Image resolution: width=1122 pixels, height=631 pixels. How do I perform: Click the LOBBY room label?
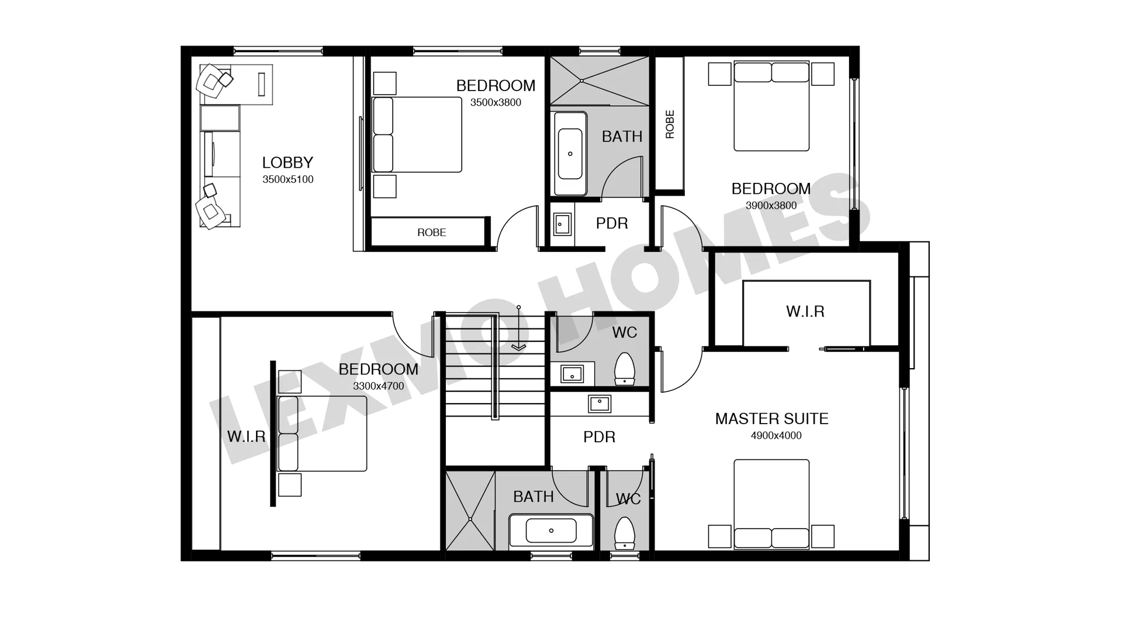288,162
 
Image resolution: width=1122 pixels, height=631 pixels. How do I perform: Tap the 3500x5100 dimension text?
288,179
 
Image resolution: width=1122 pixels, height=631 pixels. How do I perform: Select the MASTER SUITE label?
772,419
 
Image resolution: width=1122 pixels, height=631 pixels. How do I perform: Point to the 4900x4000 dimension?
776,435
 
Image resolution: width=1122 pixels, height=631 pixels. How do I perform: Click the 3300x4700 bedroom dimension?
379,386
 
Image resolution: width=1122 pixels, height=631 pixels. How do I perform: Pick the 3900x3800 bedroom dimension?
771,206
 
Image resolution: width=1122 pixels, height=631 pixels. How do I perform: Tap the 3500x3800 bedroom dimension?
496,103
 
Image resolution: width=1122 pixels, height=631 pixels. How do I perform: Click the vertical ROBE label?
670,124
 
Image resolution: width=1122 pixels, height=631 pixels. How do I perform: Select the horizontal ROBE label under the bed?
432,233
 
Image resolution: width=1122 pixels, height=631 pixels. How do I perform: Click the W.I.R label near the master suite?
805,311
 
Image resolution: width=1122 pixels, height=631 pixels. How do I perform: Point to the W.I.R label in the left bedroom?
246,436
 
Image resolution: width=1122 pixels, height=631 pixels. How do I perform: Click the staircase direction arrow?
518,327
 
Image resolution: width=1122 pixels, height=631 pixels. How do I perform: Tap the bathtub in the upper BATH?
570,154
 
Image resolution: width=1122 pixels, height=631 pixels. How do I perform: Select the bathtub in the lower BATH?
551,531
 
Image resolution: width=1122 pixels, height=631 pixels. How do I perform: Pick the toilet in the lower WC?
625,533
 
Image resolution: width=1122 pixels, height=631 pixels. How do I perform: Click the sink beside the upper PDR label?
562,224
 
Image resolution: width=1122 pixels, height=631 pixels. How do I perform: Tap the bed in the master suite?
771,504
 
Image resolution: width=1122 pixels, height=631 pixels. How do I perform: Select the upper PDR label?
612,223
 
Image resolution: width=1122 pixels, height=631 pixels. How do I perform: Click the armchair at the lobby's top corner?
212,81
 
